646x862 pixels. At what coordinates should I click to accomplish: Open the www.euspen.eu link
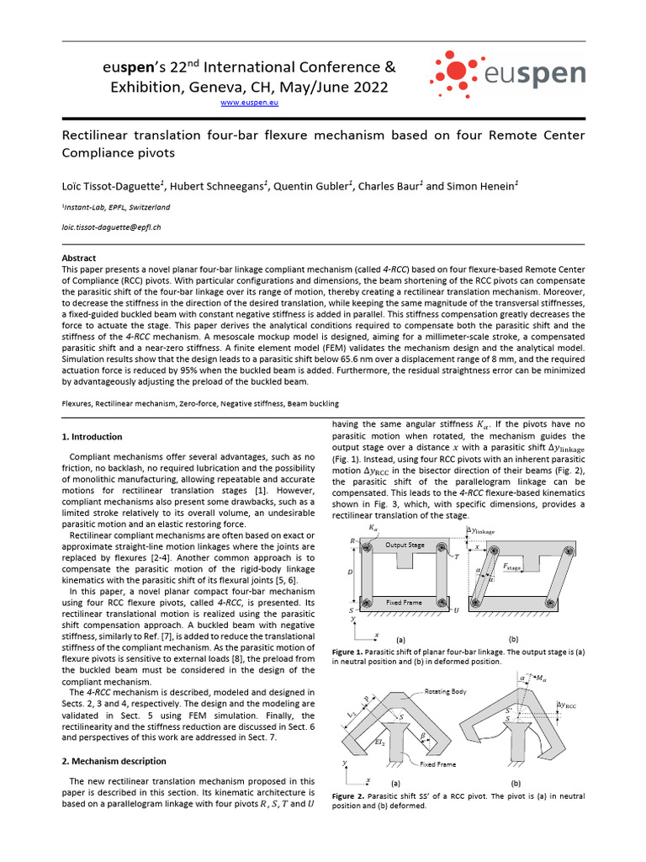[249, 102]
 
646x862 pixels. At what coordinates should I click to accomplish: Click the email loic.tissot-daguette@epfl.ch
[112, 227]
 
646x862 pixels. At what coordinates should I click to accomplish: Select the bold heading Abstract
[79, 258]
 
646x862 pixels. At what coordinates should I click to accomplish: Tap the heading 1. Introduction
[93, 437]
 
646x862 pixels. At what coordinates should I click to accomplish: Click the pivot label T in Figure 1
[455, 556]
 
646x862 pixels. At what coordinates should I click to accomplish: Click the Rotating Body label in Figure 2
[453, 688]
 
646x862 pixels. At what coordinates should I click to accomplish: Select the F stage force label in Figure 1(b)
[513, 567]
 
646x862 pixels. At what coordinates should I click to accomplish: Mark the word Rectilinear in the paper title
[99, 136]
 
